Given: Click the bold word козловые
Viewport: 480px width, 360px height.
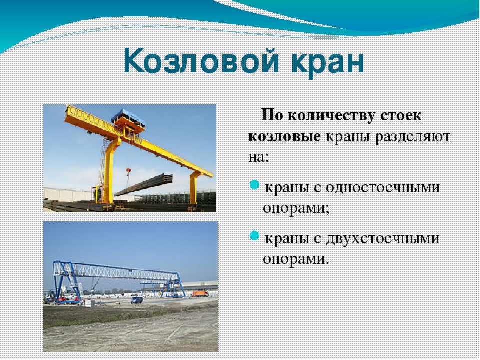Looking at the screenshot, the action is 284,137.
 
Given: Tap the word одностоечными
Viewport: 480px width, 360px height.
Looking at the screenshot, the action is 383,187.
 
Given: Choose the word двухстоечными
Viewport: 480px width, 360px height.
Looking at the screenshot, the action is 382,239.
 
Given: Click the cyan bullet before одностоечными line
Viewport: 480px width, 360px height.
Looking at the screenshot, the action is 254,185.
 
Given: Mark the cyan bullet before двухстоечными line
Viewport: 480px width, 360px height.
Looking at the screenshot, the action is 254,236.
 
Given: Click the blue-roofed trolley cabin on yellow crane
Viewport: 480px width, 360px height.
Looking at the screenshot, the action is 128,120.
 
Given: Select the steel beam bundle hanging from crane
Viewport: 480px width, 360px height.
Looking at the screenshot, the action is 144,185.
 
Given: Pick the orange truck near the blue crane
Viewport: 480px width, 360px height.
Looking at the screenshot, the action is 200,294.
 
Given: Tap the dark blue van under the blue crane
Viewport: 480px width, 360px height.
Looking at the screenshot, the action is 137,299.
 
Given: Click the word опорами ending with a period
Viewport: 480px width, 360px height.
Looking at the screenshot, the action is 296,260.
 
